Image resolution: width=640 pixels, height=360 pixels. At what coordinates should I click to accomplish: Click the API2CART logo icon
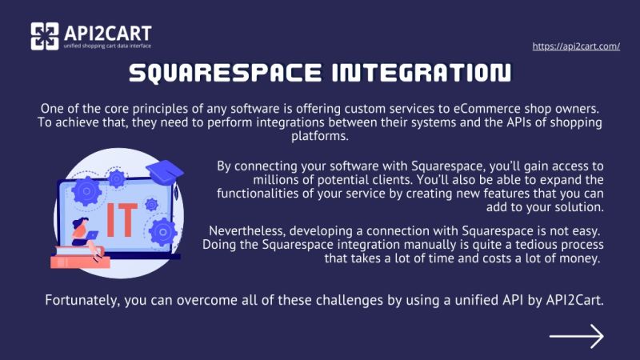tap(45, 36)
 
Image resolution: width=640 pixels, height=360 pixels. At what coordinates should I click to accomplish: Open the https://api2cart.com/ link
tap(576, 46)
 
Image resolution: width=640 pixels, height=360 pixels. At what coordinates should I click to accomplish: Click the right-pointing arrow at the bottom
tap(576, 336)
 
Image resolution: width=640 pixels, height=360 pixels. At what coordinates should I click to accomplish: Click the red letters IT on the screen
tap(122, 214)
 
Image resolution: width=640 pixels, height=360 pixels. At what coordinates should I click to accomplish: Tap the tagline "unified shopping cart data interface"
tap(106, 46)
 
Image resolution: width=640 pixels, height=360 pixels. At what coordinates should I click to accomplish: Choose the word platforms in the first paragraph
tap(319, 136)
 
